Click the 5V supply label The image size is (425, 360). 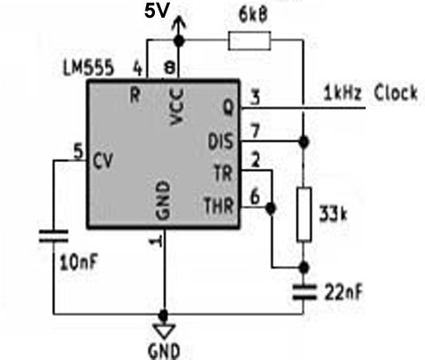pos(157,11)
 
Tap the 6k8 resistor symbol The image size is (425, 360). pos(250,41)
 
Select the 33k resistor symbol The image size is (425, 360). pos(304,214)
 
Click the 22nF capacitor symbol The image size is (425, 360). pos(305,292)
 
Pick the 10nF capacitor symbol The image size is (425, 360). pos(54,236)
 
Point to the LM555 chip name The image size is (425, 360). pos(89,67)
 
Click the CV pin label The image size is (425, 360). pos(103,161)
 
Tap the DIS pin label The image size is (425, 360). pos(220,142)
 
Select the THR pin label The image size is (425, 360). pos(219,205)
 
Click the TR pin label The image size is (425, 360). pos(223,173)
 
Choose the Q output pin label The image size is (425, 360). pos(228,108)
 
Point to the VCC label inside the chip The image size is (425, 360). pos(177,106)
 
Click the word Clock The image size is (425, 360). pos(396,93)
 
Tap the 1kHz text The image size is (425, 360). pos(343,93)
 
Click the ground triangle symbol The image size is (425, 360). pos(164,331)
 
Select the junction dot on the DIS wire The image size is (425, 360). pos(304,142)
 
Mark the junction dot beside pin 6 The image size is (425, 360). pos(270,208)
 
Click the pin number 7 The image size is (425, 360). pos(255,131)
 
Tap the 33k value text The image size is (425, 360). pos(333,215)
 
